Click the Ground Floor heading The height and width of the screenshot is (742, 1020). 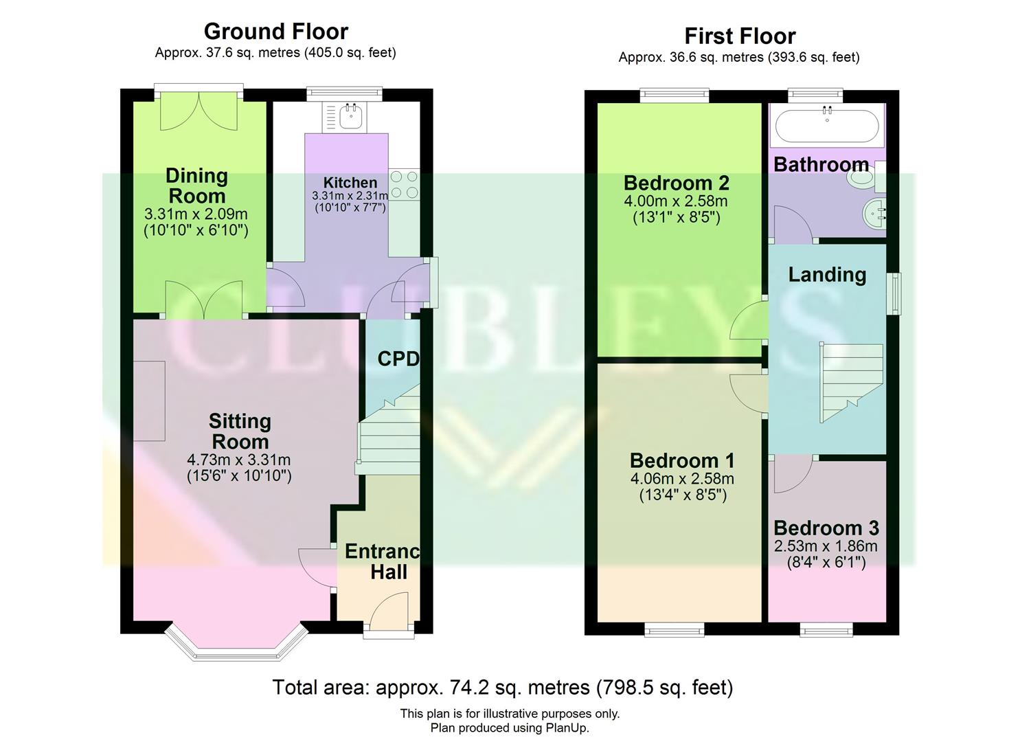[x=275, y=32]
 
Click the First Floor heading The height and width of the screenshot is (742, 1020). [x=739, y=36]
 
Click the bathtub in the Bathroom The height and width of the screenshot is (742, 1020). [x=826, y=126]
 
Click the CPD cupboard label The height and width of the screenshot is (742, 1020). [x=398, y=359]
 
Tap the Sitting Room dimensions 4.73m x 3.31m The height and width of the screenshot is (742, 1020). [x=239, y=460]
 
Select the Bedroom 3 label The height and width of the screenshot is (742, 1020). [x=826, y=528]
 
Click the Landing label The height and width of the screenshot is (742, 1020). [x=826, y=275]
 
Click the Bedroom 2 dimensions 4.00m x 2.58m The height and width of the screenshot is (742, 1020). [x=676, y=202]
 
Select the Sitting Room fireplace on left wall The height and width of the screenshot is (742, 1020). [x=149, y=401]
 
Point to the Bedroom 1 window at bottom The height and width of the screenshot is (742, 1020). [x=674, y=629]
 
